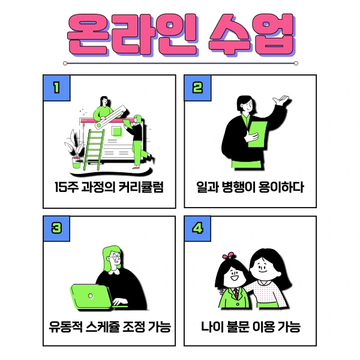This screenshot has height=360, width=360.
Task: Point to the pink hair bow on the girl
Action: pos(227,256)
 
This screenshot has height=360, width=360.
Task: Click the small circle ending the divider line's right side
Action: pos(296,62)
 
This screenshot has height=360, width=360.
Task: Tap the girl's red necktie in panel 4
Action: pos(236,294)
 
